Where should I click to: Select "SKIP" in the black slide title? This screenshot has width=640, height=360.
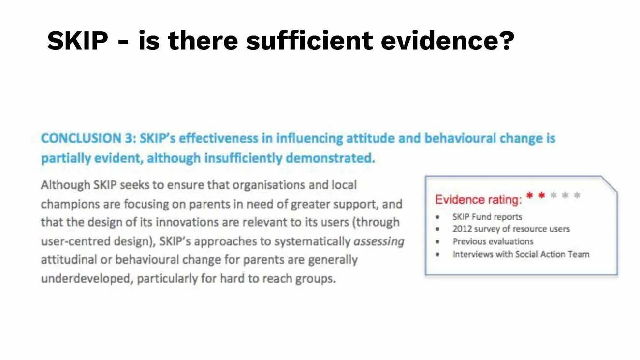click(77, 40)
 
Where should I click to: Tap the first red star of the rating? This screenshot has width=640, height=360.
click(530, 196)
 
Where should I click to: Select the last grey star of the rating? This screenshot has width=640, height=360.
click(577, 196)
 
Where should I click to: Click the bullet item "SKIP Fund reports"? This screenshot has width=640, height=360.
click(487, 217)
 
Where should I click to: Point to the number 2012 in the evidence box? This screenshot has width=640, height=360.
click(462, 229)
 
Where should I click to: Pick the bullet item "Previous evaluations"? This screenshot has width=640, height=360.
click(493, 241)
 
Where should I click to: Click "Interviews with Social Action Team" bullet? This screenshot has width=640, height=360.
click(521, 254)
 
